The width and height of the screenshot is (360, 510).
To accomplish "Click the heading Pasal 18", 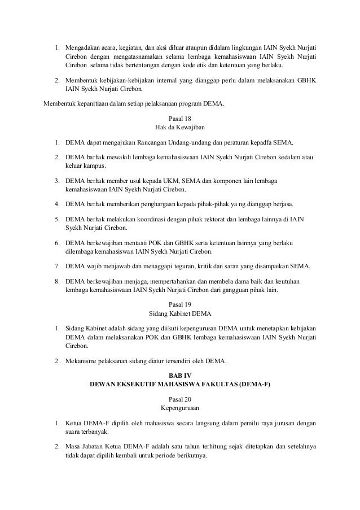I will pyautogui.click(x=180, y=119).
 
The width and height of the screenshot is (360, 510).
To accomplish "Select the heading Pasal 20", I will pyautogui.click(x=180, y=399).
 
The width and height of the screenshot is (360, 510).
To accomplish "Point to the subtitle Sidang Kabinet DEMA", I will pyautogui.click(x=180, y=313).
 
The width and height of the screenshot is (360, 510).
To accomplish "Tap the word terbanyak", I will pyautogui.click(x=81, y=431).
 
